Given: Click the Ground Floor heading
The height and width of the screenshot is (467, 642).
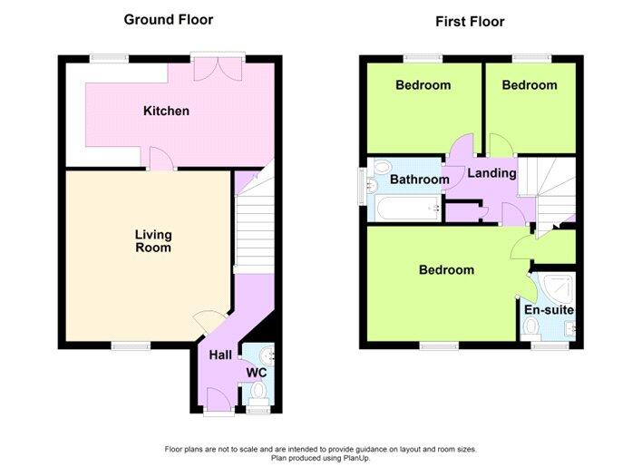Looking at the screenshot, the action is pos(169,20).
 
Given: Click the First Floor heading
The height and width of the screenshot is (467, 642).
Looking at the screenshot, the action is pos(470,22).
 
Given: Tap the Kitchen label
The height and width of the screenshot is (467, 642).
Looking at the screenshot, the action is pos(166,111).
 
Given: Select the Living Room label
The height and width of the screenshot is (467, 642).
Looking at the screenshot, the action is pos(153,241).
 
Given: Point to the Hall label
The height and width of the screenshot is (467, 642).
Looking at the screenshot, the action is pos(220,355).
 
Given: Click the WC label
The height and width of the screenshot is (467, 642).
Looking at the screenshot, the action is pos(257,373).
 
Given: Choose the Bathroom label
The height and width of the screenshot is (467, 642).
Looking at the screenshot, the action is pos(419,180).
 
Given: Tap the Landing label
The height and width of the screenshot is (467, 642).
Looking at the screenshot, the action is pos(491,173).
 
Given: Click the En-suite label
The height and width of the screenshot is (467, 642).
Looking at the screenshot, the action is pos(549,310).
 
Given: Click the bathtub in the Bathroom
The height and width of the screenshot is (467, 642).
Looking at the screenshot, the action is pos(408,209).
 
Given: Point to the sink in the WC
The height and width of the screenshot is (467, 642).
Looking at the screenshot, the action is pos(267,355).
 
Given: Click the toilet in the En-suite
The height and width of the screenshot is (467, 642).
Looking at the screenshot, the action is pos(532,328).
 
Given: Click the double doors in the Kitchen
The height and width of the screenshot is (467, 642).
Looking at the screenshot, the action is pos(219,68).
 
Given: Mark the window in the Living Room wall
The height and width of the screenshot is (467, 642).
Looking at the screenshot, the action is pos(131,345).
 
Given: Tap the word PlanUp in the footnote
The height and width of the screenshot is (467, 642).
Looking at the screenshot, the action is pos(356,458).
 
